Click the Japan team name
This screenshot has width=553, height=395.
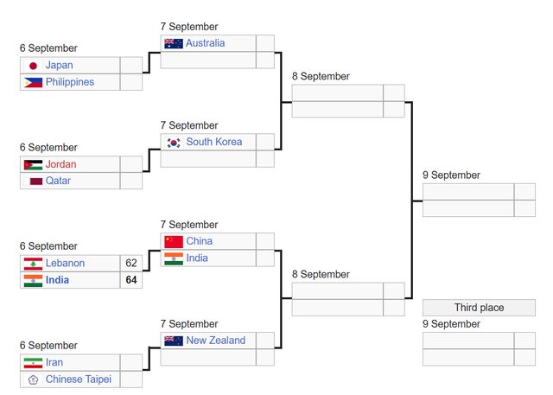59,65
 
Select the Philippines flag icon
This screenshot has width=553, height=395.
33,82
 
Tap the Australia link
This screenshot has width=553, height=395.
205,43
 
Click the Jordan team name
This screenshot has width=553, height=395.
60,164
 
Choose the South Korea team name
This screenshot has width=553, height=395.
213,142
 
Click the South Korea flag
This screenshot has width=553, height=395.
174,143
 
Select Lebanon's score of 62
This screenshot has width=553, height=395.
131,263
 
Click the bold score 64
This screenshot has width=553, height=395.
131,280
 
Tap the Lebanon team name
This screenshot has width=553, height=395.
65,263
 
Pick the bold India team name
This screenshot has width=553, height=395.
57,280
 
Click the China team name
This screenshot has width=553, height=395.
199,241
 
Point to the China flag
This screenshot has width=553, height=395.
174,241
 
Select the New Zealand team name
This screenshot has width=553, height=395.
215,341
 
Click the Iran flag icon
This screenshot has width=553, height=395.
33,363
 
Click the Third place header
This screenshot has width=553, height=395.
479,308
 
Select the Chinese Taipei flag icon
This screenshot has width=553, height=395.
33,379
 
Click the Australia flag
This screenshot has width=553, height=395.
174,43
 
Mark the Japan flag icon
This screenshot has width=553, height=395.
33,66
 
